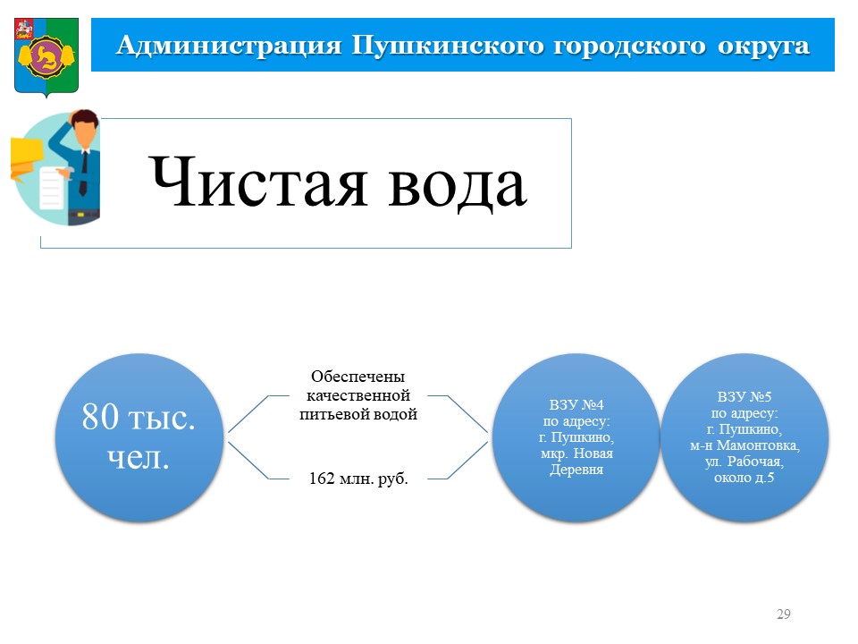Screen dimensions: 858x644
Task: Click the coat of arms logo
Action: coord(46,57)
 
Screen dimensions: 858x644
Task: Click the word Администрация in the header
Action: coord(229,46)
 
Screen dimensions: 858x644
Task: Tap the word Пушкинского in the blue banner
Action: coord(448,46)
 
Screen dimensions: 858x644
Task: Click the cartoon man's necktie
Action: coord(83,173)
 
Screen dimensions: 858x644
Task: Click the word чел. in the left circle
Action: coord(139,457)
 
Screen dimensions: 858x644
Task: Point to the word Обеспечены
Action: coord(357,377)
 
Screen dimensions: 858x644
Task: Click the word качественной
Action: coord(357,395)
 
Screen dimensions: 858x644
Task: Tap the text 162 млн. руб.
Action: coord(358,479)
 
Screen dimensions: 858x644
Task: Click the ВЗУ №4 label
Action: coord(576,404)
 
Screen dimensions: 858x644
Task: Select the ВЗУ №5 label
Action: coord(744,396)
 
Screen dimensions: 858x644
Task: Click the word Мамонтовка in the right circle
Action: coord(757,445)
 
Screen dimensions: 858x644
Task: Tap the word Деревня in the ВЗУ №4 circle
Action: coord(576,470)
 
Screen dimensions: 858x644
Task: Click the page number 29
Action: coord(784,614)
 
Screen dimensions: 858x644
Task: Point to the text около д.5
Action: coord(744,478)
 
